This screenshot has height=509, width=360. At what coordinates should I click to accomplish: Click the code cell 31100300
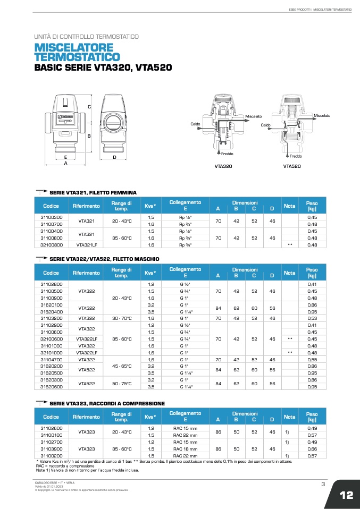(52, 217)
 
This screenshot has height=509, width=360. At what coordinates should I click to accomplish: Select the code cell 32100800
(52, 245)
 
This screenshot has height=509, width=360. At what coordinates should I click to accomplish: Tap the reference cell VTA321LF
(86, 245)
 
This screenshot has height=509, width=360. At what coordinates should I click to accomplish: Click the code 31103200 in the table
(52, 318)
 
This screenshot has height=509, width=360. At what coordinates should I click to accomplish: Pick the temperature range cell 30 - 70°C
(122, 318)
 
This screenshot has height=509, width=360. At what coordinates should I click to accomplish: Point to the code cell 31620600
(52, 387)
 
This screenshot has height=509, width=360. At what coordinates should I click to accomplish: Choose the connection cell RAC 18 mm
(185, 449)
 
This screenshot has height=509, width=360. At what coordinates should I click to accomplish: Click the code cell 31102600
(52, 428)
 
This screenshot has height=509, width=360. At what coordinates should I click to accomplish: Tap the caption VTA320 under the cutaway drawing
(223, 166)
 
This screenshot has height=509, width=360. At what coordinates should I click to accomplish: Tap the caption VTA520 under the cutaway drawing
(292, 166)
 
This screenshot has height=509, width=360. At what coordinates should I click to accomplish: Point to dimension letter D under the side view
(114, 158)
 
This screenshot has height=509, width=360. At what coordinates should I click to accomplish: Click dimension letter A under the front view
(65, 164)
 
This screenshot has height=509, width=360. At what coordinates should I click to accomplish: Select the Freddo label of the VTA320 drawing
(227, 154)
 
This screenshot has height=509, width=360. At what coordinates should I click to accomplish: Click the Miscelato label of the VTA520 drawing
(322, 115)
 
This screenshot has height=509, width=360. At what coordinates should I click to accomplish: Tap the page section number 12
(346, 495)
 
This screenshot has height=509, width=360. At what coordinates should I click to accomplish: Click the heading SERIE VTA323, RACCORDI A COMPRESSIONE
(107, 404)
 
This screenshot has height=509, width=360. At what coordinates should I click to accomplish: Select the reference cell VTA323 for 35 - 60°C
(86, 449)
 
